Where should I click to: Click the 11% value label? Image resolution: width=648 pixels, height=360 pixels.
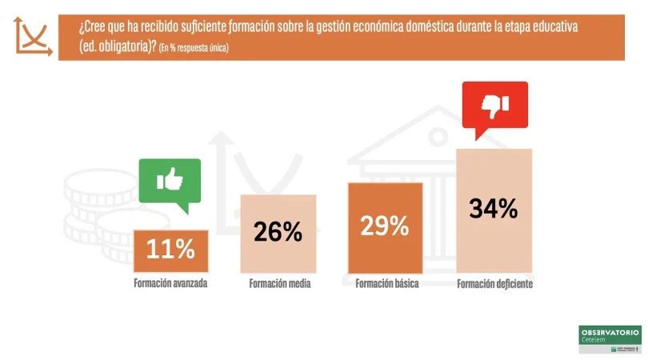point(171,250)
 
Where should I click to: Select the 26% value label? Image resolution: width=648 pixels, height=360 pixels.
point(278,232)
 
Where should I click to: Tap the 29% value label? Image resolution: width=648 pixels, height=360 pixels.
point(385,226)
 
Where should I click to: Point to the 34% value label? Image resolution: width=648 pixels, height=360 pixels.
point(493,209)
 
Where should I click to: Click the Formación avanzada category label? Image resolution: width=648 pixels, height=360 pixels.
point(170,283)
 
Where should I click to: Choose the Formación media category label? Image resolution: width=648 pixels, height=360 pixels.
point(279,283)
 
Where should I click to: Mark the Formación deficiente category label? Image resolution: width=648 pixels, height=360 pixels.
point(494,283)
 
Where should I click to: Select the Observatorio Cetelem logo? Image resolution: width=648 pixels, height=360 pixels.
point(610,338)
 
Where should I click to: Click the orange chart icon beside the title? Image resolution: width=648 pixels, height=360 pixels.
point(33,37)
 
